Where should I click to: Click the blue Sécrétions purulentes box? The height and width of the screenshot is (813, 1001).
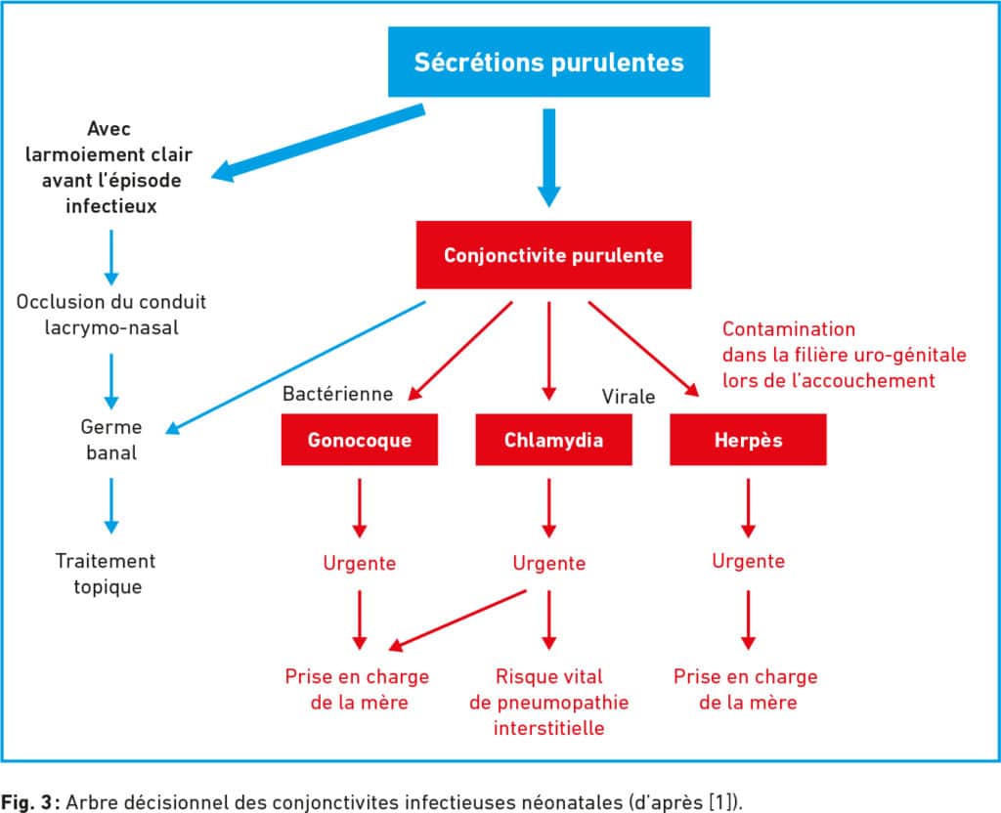point(549,62)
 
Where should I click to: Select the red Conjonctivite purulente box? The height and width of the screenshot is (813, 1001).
point(553,255)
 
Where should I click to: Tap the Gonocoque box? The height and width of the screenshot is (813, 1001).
point(360,440)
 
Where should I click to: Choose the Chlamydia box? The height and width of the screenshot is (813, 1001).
point(553,440)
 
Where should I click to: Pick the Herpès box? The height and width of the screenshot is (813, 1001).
point(748,440)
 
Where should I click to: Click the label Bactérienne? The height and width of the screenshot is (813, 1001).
point(337,394)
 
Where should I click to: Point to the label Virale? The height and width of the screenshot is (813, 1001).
point(629,397)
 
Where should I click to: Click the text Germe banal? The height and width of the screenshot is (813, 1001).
point(111,440)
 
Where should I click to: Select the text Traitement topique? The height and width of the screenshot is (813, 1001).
point(106,574)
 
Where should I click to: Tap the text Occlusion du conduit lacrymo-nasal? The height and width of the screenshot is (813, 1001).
point(111,315)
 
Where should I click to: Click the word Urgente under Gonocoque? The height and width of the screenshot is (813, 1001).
point(360,563)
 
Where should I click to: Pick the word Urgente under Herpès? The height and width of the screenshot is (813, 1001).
point(748,561)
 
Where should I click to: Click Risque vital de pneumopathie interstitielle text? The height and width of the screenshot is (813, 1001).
point(549,702)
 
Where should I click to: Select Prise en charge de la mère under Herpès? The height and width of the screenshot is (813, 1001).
point(746,689)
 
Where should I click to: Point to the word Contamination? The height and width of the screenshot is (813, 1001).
point(789,329)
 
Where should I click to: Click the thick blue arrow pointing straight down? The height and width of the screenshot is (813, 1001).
point(549,157)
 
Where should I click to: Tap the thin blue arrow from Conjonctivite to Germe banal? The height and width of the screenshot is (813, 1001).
point(295,367)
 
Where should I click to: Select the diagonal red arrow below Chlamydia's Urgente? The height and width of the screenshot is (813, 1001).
point(457,620)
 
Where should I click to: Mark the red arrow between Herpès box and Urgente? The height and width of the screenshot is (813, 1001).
point(748,508)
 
